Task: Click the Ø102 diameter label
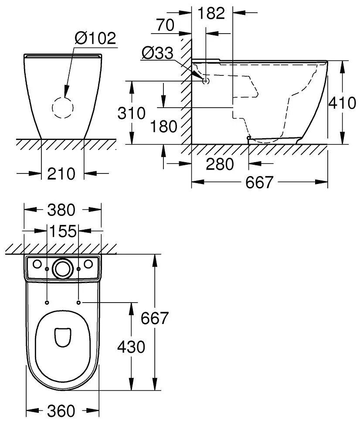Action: click(x=95, y=38)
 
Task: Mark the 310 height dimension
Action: click(x=131, y=113)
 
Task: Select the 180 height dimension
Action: click(x=163, y=126)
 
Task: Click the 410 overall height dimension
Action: click(x=343, y=103)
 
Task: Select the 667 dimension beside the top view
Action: click(x=154, y=318)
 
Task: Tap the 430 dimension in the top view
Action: click(x=131, y=347)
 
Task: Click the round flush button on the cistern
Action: click(x=62, y=268)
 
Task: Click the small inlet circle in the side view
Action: click(x=206, y=81)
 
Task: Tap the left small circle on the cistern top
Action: click(x=37, y=264)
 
